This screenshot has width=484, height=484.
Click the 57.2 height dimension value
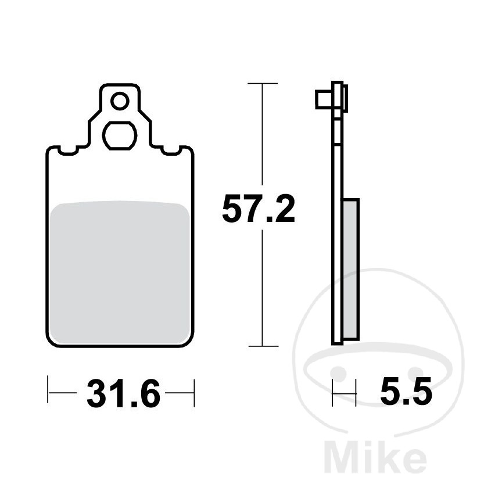click(259, 209)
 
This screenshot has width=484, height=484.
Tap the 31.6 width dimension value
click(123, 393)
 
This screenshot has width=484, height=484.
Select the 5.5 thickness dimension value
click(406, 391)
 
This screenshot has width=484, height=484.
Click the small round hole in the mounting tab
click(120, 101)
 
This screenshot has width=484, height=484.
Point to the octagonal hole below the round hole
click(120, 135)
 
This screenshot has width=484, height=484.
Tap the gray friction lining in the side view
click(350, 268)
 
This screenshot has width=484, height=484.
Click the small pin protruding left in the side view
click(324, 99)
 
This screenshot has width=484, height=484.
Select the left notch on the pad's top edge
click(67, 150)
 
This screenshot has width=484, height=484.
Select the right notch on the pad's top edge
click(171, 150)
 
